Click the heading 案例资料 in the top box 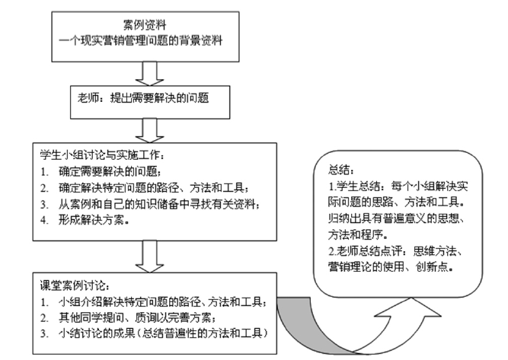pos(145,24)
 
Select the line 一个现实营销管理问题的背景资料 pos(141,41)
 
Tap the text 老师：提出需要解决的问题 pos(143,97)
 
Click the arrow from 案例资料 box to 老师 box pos(149,74)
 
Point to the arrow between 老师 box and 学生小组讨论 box pos(149,130)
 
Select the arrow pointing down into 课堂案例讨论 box pos(149,256)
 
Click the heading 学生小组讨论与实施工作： pos(102,155)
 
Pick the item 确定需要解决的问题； pos(110,171)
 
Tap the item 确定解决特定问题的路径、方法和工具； pos(154,188)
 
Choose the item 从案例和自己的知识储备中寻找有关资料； pos(159,204)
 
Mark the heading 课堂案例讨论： pos(75,286)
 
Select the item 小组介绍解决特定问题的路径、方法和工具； pos(163,302)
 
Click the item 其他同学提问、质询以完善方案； pos(137,318)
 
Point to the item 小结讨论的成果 pos(97,333)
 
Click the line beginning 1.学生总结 pos(398,186)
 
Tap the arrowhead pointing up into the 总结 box pos(409,307)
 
